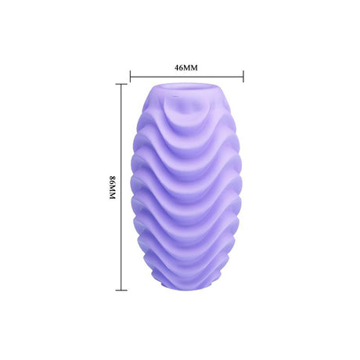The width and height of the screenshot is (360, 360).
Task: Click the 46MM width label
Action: point(186,68)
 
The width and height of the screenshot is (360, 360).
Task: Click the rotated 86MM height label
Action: point(113,188)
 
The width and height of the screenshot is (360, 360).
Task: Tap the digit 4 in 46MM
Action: point(176,68)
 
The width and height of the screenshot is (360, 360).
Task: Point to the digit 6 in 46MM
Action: point(181,68)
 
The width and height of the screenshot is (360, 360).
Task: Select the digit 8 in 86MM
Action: point(113,178)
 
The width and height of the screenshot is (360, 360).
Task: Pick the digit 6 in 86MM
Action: point(113,183)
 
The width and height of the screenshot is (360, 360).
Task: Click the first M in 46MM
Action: point(187,68)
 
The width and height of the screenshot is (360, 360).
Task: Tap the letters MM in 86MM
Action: point(113,193)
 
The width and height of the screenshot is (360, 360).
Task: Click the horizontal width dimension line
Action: point(187,77)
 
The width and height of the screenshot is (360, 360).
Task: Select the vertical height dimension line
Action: point(121,187)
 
